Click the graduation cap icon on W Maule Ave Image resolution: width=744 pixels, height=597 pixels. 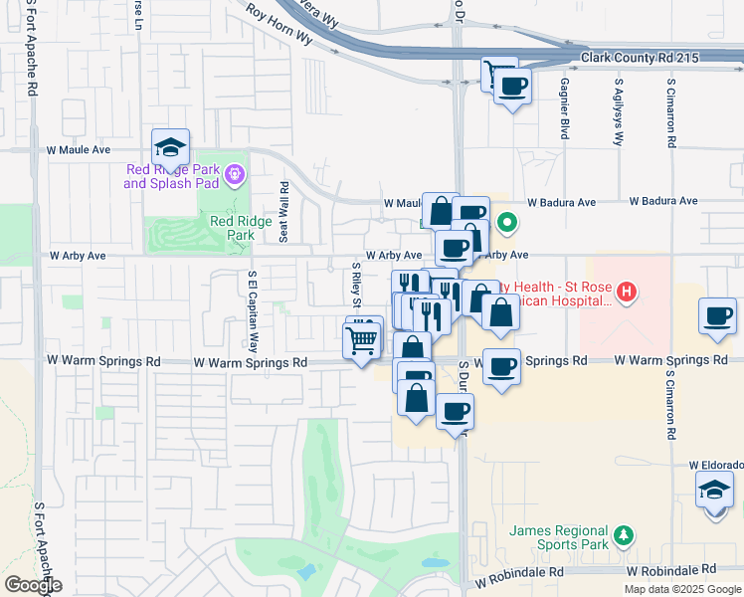[x=171, y=147]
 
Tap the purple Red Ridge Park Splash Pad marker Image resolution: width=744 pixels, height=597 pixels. [x=234, y=175]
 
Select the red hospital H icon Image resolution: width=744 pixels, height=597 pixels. [x=626, y=292]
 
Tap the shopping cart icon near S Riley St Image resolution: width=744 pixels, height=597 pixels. [x=363, y=340]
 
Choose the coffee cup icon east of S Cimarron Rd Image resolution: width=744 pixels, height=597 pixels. [x=717, y=316]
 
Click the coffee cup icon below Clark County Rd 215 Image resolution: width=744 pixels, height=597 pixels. [x=512, y=87]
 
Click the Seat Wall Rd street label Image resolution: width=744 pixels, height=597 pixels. [x=284, y=212]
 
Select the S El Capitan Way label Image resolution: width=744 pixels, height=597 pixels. [x=253, y=312]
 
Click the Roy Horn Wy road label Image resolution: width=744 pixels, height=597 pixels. [x=279, y=26]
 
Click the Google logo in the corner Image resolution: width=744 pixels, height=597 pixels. [x=32, y=585]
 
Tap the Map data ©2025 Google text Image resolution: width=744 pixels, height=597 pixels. [x=682, y=589]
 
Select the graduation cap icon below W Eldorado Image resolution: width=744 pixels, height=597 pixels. [x=714, y=491]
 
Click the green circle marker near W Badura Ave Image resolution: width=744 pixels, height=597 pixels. [x=506, y=222]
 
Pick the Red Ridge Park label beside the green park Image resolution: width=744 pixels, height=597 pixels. [x=240, y=228]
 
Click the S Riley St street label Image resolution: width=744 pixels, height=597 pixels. [x=356, y=286]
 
